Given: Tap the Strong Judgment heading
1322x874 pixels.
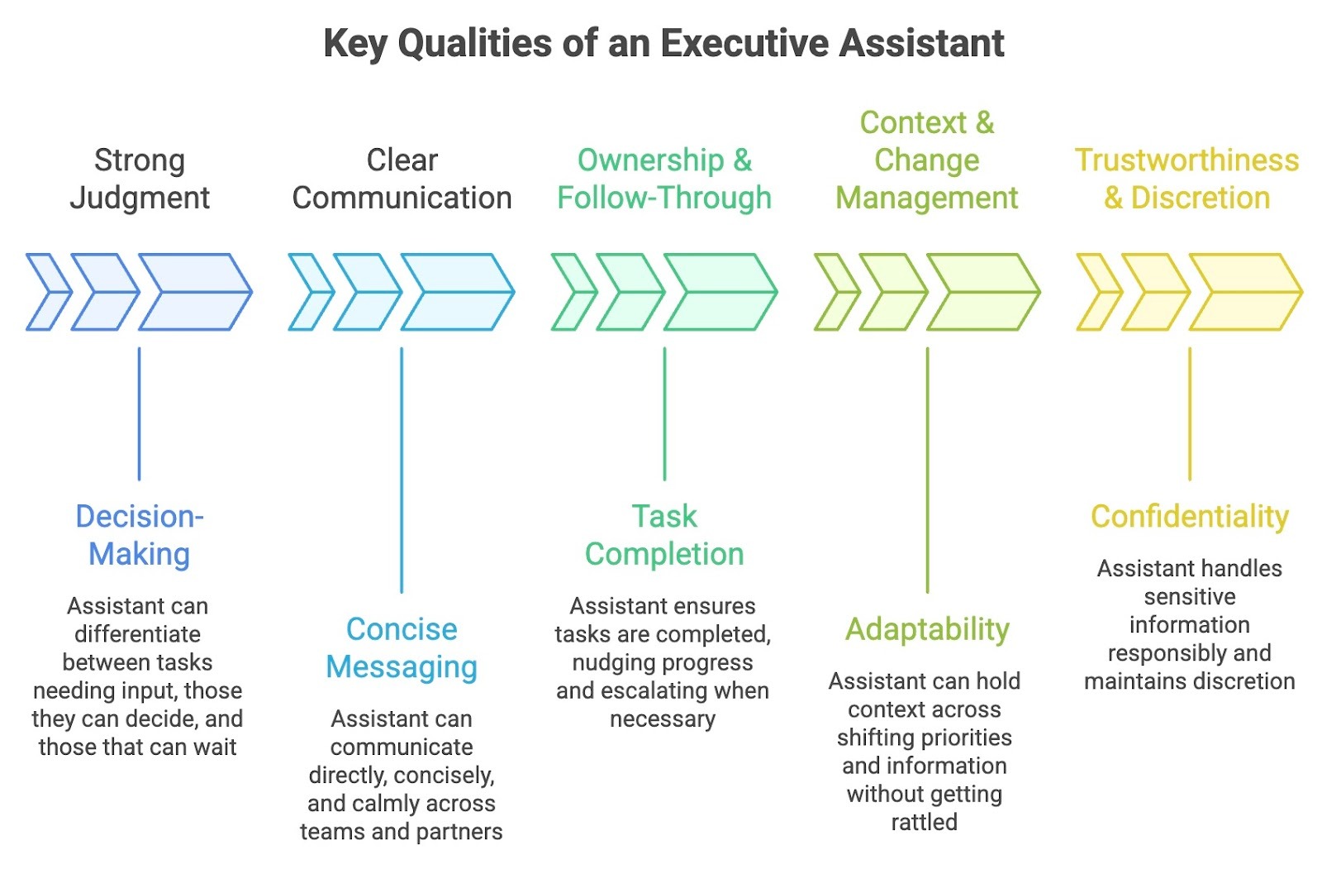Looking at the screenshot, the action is tap(139, 179).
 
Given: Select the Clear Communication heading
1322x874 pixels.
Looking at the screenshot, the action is tap(402, 179).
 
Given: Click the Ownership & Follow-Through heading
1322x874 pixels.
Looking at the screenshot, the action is tap(664, 179).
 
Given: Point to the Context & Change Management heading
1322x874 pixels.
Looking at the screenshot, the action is tap(926, 160).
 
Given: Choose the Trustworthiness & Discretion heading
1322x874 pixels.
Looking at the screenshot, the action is tap(1187, 179).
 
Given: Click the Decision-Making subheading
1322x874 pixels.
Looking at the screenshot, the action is tap(139, 535).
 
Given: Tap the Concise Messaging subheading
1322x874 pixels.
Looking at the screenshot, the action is tap(402, 647).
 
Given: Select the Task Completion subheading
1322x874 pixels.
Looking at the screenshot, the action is tap(664, 535).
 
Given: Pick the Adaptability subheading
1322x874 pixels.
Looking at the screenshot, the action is tap(927, 629).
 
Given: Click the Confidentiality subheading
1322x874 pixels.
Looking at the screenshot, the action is tap(1190, 516).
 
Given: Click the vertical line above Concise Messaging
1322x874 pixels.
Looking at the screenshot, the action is tap(402, 470).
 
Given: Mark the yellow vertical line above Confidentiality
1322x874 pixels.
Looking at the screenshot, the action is tap(1190, 413).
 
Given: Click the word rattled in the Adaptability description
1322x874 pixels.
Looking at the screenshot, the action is tap(924, 822).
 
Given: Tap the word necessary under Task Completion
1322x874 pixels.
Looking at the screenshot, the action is tap(663, 719).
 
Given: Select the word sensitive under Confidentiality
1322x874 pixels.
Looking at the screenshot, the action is tap(1190, 596).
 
